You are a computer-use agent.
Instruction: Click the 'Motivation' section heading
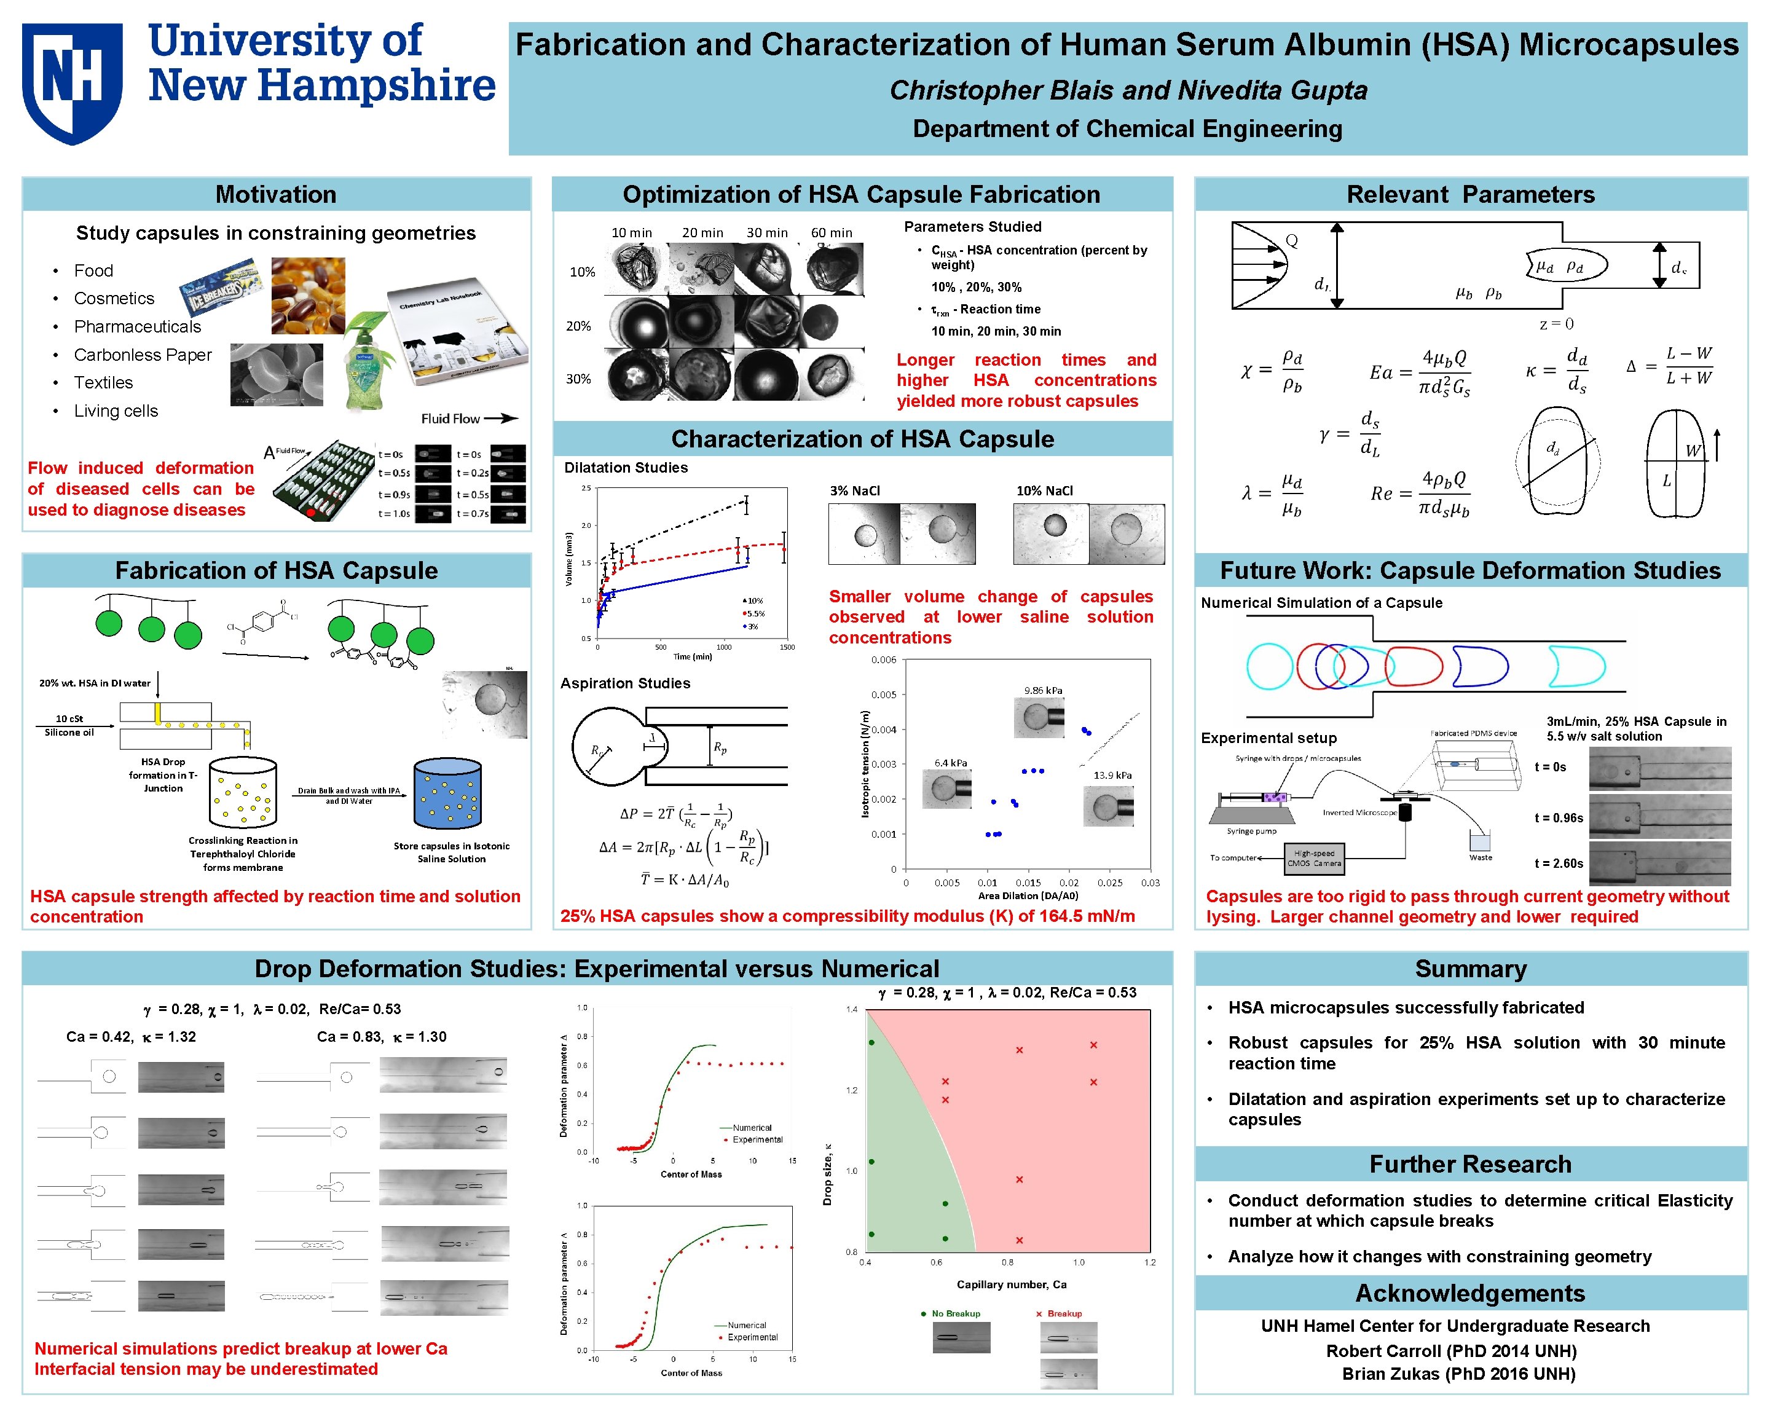276,195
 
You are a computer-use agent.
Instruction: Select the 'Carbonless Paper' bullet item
142,355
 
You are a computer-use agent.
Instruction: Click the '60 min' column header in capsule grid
831,233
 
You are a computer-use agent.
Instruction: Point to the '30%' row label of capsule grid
579,379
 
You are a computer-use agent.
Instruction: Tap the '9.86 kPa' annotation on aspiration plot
1042,690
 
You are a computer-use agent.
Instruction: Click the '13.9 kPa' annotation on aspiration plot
1112,775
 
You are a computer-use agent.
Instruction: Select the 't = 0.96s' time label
1558,817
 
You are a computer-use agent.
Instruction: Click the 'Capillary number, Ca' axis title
1012,1284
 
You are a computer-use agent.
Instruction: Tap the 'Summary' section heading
1470,969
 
